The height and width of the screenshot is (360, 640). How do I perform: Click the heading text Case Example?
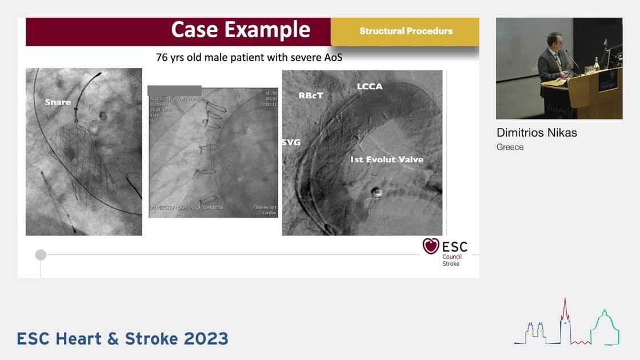[x=241, y=30]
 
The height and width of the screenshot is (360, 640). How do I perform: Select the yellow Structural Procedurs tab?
[x=406, y=31]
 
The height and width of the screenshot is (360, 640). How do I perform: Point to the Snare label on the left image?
[x=58, y=102]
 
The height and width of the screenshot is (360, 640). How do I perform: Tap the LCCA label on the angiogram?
[x=370, y=86]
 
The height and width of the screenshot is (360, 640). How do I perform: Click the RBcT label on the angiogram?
[x=311, y=95]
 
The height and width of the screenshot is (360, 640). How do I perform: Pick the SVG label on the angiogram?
[x=291, y=142]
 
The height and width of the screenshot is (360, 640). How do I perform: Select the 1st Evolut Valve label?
[x=387, y=159]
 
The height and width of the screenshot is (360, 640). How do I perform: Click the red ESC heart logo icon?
[x=431, y=246]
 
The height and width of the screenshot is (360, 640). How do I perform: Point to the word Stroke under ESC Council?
[x=451, y=263]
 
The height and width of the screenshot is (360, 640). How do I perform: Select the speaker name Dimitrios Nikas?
[x=537, y=133]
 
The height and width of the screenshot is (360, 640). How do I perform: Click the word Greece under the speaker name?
[x=510, y=147]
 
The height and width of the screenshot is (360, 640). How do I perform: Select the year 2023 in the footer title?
[x=206, y=338]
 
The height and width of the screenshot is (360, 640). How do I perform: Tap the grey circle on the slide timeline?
[x=41, y=255]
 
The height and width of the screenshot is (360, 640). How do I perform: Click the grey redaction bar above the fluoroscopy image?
[x=174, y=90]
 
